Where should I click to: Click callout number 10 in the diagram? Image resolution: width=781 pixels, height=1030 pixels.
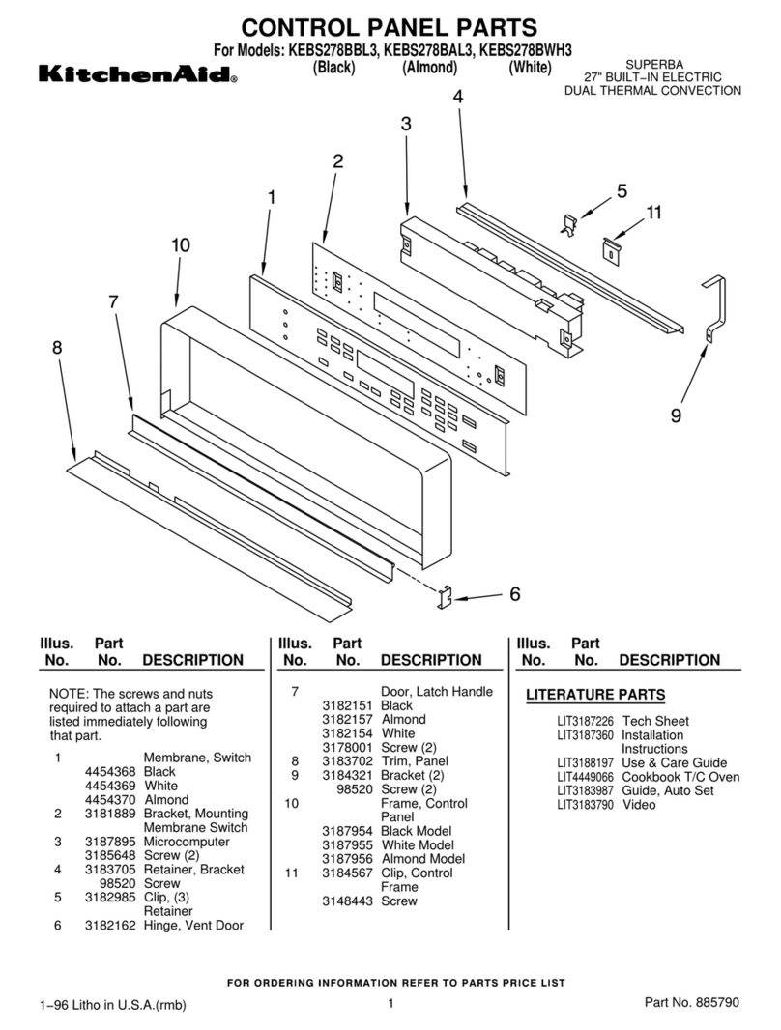point(180,245)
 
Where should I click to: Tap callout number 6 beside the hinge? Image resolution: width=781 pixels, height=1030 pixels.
point(514,594)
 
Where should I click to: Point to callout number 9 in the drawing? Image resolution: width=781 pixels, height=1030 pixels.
point(676,416)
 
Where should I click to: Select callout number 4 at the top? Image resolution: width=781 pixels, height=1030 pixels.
point(457,96)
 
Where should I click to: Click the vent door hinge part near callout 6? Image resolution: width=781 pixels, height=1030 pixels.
point(447,597)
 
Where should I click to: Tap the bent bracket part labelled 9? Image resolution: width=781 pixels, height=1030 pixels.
point(713,304)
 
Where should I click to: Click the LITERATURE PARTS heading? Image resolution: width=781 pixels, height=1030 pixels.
point(594,695)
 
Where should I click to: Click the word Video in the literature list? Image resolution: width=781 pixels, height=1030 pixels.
point(639,804)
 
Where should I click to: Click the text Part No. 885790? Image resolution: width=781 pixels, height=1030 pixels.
point(692,1003)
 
